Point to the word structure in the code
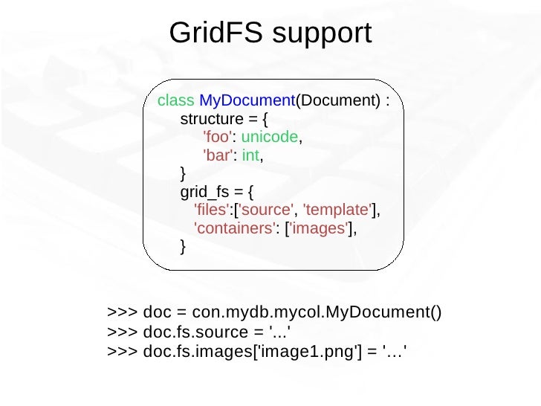211,119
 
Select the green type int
251,156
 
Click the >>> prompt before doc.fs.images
120,347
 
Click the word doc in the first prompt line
157,311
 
